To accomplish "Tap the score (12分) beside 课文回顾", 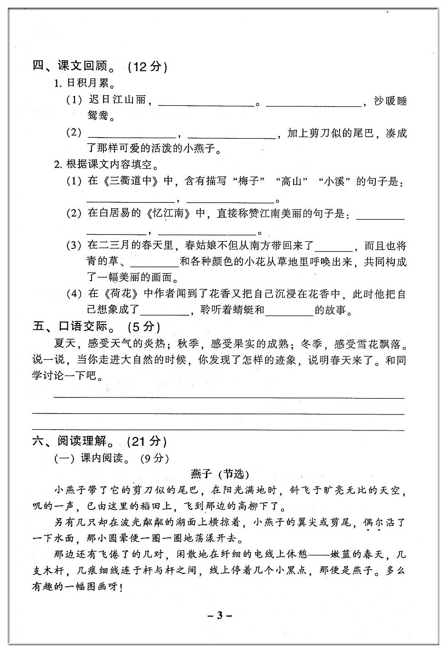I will point(147,67).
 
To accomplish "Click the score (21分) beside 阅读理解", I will point(147,441).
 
